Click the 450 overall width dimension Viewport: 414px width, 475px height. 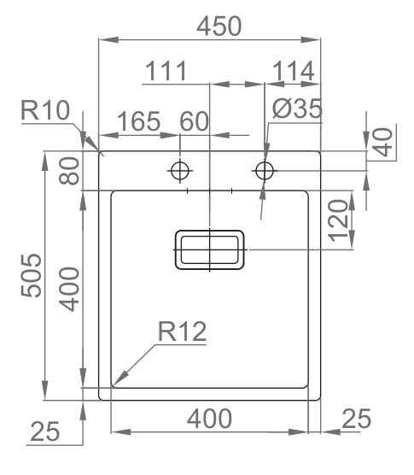coord(219,26)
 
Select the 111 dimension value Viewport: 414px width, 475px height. coord(166,72)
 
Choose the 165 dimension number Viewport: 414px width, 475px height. coord(137,121)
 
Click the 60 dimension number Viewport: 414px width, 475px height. coord(195,121)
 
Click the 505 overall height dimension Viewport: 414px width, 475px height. coord(31,275)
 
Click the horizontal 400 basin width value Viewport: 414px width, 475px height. coord(209,419)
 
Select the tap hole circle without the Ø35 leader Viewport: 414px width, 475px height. coord(180,170)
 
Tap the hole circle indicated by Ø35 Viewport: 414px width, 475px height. coord(265,170)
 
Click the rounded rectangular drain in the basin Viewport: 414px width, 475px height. coord(210,249)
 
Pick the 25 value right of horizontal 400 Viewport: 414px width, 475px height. coord(356,419)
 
